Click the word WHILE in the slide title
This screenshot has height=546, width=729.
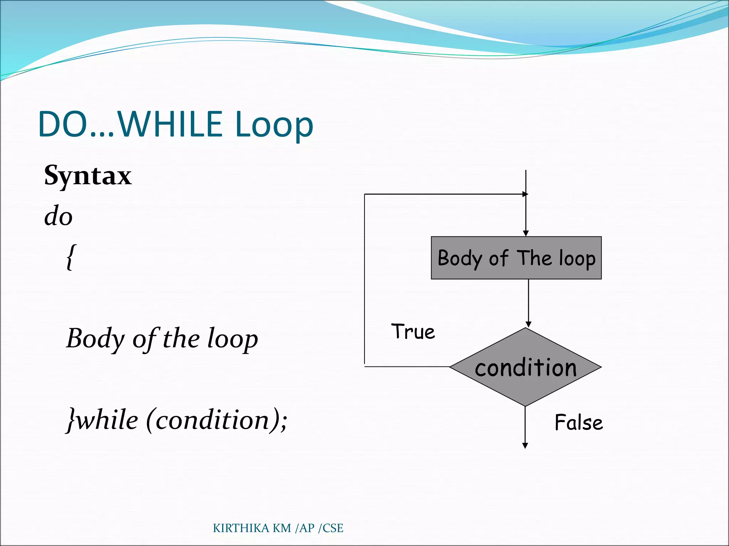pyautogui.click(x=170, y=124)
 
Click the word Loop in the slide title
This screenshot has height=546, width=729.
pyautogui.click(x=274, y=125)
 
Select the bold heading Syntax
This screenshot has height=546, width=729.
pyautogui.click(x=88, y=176)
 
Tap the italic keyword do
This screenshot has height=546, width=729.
pyautogui.click(x=58, y=216)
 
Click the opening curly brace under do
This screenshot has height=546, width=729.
pyautogui.click(x=71, y=257)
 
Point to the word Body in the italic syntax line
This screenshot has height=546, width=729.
pyautogui.click(x=95, y=339)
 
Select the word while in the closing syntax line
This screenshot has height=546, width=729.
pyautogui.click(x=107, y=420)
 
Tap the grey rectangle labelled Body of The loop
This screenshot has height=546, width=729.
pyautogui.click(x=516, y=270)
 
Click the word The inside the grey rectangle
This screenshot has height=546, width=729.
pyautogui.click(x=534, y=258)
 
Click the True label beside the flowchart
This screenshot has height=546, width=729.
pyautogui.click(x=413, y=332)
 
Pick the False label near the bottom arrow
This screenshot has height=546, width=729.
pyautogui.click(x=579, y=423)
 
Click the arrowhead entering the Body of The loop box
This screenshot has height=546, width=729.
pyautogui.click(x=526, y=233)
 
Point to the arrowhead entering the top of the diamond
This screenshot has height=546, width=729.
pyautogui.click(x=528, y=324)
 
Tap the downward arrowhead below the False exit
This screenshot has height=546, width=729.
pyautogui.click(x=525, y=446)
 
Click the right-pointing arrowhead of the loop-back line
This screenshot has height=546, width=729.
pyautogui.click(x=525, y=194)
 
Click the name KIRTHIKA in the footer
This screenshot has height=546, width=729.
pyautogui.click(x=241, y=528)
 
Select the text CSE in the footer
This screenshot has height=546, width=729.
pyautogui.click(x=333, y=528)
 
